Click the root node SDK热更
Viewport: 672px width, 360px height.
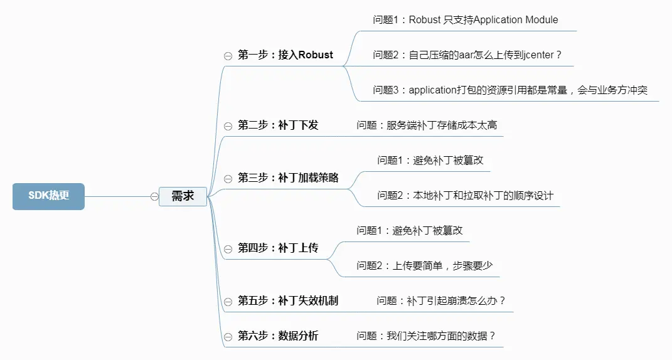[x=48, y=196]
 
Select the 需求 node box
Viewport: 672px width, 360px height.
[x=183, y=196]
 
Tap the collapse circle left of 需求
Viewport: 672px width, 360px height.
[x=154, y=196]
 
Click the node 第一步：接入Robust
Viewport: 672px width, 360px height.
[x=285, y=55]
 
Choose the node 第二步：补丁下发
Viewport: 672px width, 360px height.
[x=278, y=125]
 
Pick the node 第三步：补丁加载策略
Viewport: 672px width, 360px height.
[x=288, y=178]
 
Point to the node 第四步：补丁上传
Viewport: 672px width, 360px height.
[x=278, y=248]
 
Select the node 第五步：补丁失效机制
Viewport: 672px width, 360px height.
[x=288, y=301]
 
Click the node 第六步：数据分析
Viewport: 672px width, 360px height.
[x=278, y=336]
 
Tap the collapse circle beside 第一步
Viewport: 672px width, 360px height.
[x=228, y=56]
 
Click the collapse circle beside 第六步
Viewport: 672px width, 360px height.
[x=228, y=337]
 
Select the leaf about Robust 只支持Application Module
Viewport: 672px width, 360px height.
[x=466, y=19]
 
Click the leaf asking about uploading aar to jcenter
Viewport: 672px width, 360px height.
[x=467, y=55]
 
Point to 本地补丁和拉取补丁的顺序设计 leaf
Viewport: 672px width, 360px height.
[x=466, y=196]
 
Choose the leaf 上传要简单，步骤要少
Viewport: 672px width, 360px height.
[x=425, y=266]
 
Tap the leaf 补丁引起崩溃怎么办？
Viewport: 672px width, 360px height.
[x=441, y=301]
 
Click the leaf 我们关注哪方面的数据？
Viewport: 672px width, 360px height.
[x=426, y=336]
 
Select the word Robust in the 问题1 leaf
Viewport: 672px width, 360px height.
[x=425, y=19]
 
